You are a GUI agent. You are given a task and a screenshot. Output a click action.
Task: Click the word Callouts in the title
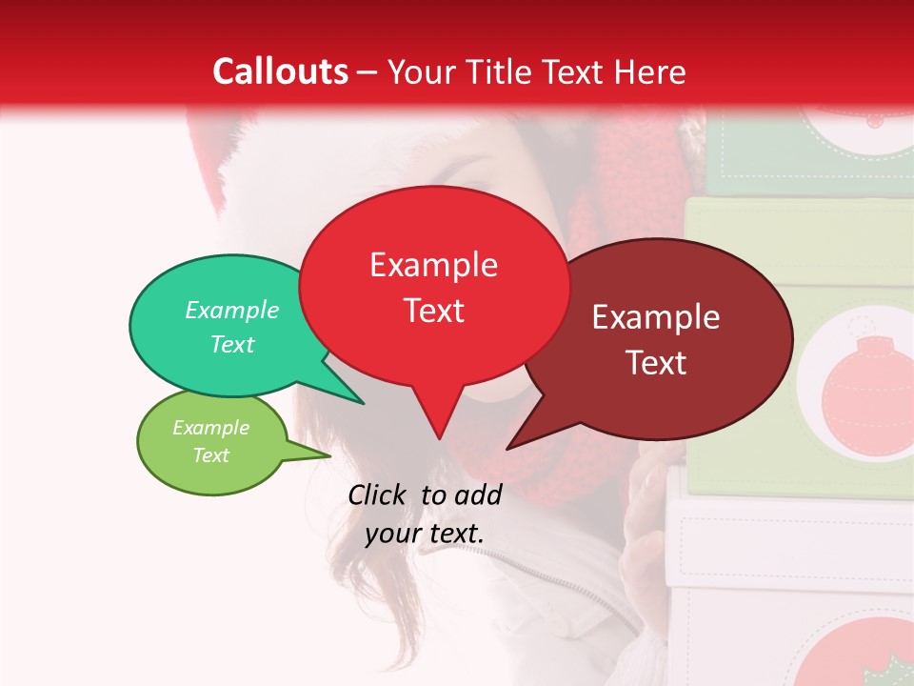[281, 71]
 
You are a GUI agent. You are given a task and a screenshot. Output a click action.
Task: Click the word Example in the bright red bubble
[433, 265]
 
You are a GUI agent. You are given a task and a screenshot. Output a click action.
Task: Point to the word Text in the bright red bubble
[433, 311]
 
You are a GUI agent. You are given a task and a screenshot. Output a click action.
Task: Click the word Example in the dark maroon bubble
[656, 317]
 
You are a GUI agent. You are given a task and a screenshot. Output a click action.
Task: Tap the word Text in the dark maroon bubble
[656, 363]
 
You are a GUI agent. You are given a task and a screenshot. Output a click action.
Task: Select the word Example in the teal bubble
[232, 310]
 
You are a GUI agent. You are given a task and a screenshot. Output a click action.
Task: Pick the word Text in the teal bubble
[232, 344]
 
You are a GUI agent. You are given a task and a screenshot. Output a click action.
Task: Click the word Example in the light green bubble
[210, 428]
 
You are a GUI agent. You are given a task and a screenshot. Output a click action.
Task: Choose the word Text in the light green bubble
[210, 455]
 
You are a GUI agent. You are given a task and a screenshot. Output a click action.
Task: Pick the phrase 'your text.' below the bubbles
[425, 534]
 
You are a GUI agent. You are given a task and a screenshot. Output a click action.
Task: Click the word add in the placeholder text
[480, 494]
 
